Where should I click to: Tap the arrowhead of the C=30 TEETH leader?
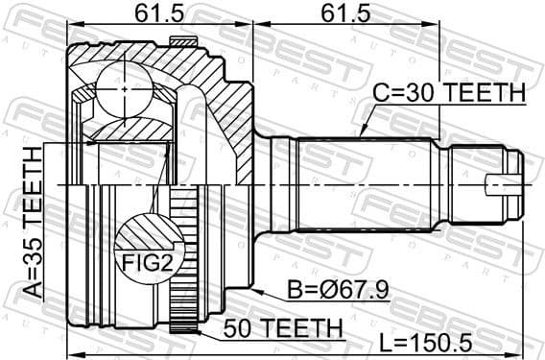tap(361, 132)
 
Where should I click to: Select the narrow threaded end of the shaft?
tap(489, 185)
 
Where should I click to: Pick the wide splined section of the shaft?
tap(365, 185)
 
